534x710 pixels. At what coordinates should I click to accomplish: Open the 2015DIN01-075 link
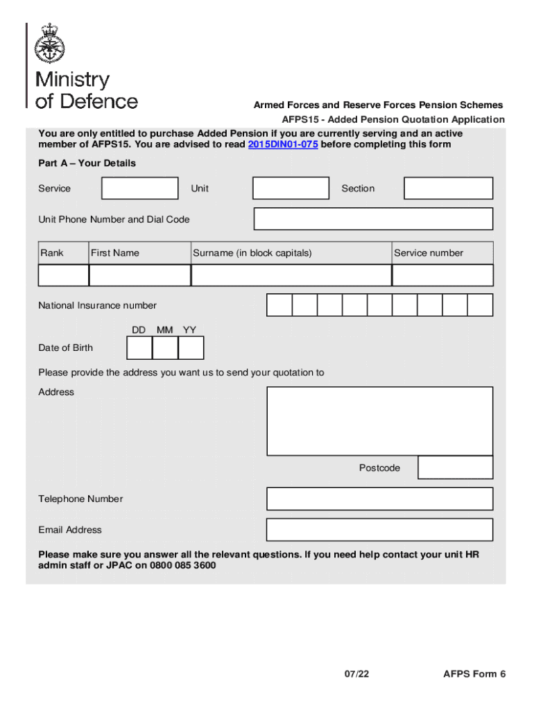[282, 145]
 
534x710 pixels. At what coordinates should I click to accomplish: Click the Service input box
[139, 189]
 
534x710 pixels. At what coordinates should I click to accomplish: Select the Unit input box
[291, 189]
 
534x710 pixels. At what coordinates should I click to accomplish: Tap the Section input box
[448, 189]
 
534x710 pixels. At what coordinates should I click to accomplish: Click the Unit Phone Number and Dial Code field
[373, 219]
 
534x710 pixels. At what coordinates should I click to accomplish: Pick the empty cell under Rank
[63, 275]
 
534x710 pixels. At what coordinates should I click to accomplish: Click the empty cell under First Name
[139, 275]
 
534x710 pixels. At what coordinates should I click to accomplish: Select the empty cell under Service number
[442, 275]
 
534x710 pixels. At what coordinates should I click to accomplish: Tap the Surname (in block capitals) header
[252, 253]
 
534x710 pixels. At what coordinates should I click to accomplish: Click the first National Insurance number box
[279, 305]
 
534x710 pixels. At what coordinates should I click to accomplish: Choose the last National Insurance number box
[480, 305]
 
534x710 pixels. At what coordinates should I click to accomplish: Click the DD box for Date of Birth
[140, 347]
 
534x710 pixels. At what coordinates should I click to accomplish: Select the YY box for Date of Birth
[191, 347]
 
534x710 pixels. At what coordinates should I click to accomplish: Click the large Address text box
[379, 421]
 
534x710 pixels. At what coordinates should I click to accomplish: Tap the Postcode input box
[456, 468]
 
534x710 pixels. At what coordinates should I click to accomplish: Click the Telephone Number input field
[379, 499]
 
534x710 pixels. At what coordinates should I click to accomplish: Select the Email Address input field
[379, 530]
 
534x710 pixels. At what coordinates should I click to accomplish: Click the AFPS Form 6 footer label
[474, 674]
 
